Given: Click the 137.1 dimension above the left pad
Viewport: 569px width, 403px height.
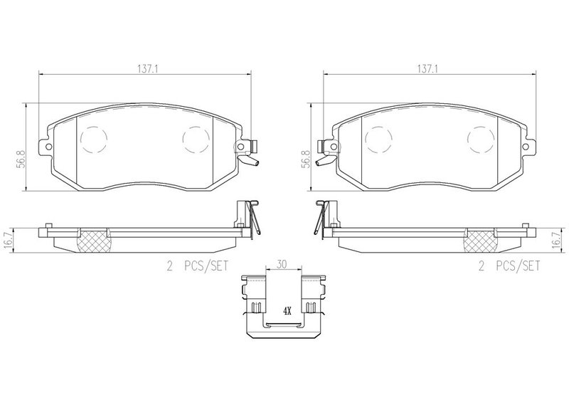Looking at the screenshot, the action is click(x=148, y=68).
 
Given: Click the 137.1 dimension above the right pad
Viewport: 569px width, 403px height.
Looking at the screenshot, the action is click(x=427, y=68).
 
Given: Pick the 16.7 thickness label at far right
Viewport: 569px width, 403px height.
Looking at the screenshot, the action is click(x=556, y=240).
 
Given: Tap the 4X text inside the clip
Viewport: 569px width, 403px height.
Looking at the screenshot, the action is click(x=287, y=311).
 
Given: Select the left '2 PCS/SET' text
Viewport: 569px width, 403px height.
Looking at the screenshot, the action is click(x=198, y=266).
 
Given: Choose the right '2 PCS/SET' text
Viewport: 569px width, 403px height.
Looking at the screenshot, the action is click(x=509, y=266).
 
